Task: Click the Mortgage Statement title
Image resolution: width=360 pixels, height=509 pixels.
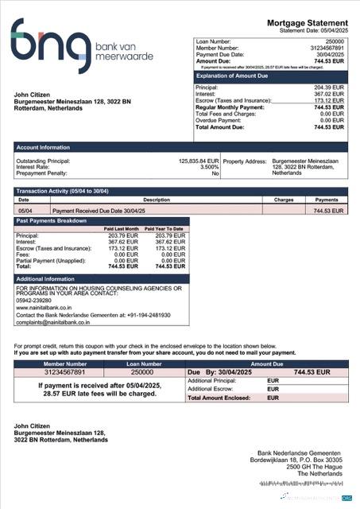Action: (x=308, y=24)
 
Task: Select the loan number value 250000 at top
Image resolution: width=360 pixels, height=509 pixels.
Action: (x=335, y=40)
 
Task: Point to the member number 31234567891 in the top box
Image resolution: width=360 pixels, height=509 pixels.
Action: (x=327, y=47)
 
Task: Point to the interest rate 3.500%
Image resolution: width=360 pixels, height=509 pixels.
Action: (x=208, y=167)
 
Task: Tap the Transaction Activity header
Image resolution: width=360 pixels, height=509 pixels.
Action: (x=64, y=192)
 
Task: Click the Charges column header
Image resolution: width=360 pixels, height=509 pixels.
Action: (x=284, y=200)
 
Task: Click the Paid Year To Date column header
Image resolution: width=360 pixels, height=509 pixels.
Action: (x=164, y=229)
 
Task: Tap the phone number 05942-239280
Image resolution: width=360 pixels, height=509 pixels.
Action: (x=34, y=300)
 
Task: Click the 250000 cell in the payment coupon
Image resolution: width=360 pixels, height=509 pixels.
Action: (x=142, y=371)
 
